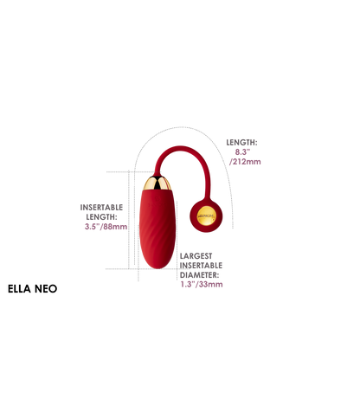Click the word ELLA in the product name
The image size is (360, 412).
click(19, 289)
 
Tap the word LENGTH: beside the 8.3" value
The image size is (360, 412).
click(241, 143)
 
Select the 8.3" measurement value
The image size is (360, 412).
click(242, 152)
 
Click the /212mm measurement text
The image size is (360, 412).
click(245, 162)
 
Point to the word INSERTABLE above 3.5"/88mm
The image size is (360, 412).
click(101, 208)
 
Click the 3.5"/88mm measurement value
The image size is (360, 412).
click(106, 227)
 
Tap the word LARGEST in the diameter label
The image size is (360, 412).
click(196, 256)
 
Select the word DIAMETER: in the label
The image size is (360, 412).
click(199, 275)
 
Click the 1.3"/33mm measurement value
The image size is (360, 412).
click(202, 284)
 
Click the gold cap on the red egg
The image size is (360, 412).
click(157, 183)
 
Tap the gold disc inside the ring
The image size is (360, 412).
click(206, 216)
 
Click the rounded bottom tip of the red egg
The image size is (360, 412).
click(157, 267)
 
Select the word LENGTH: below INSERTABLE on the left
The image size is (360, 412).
click(101, 217)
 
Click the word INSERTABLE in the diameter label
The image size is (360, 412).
click(201, 266)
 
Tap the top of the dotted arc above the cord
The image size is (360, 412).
click(181, 127)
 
